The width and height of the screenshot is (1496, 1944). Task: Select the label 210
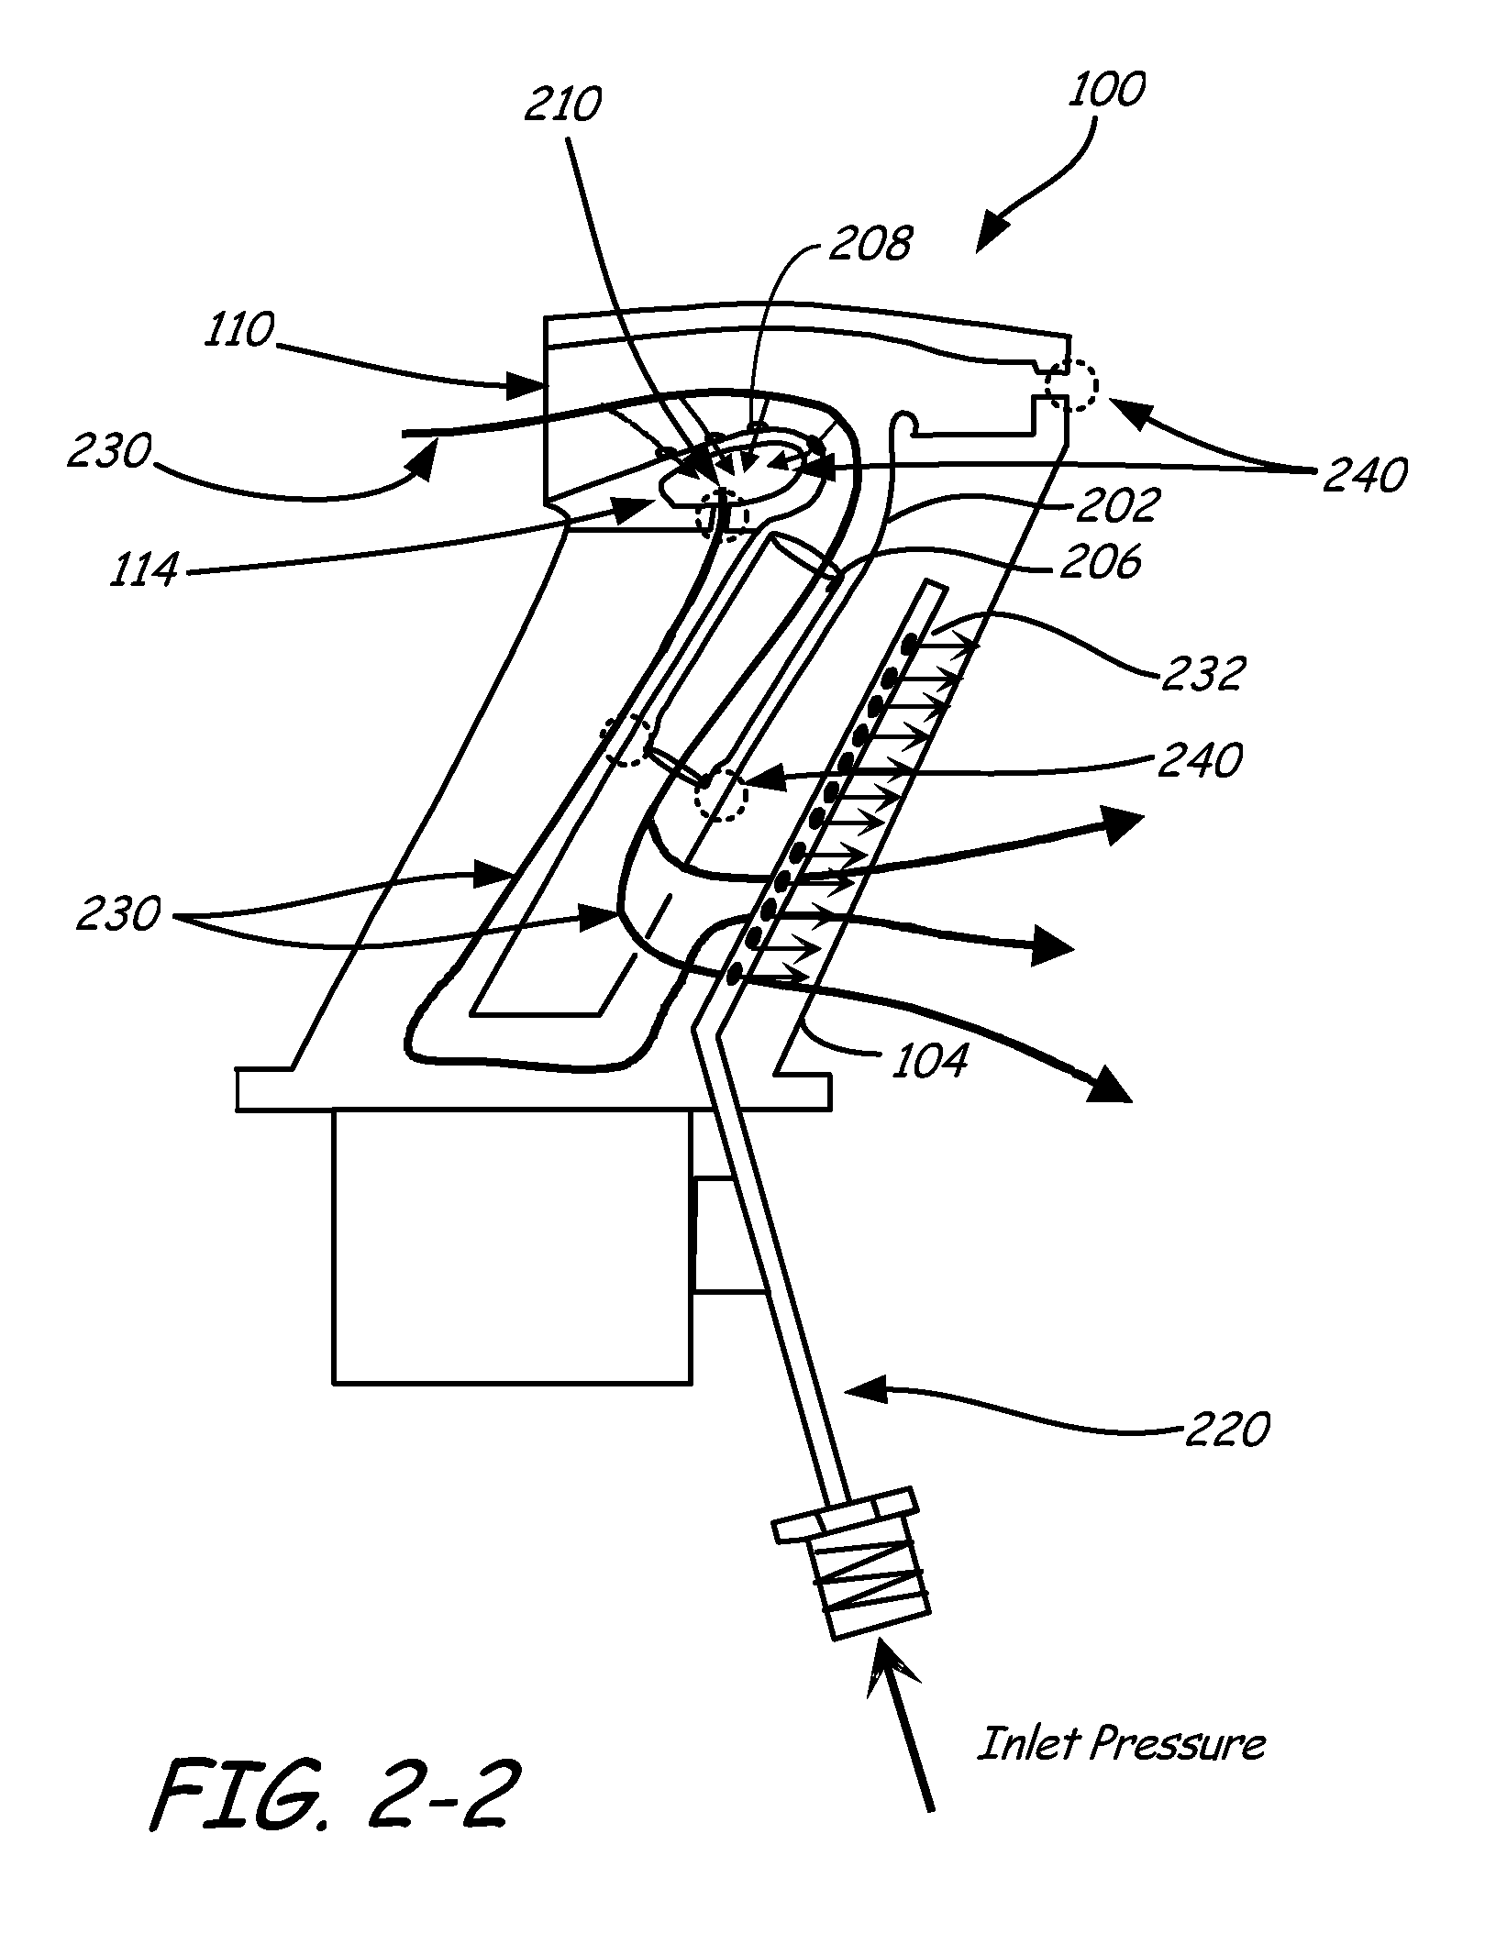562,105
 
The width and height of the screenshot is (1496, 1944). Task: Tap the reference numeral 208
872,244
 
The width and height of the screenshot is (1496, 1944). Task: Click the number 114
144,570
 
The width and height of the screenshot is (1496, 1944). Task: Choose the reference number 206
1100,561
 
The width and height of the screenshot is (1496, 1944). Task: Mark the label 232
1202,674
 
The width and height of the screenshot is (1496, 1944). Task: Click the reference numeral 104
929,1060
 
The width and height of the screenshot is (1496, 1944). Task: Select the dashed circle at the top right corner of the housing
1070,386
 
